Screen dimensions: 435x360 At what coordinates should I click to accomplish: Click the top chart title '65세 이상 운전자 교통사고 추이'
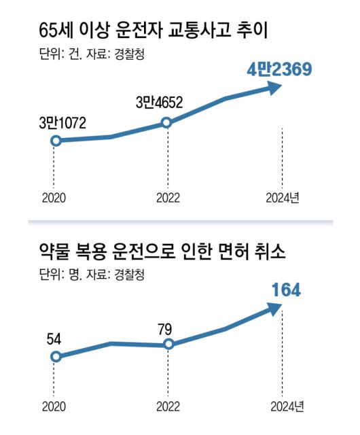tap(160, 32)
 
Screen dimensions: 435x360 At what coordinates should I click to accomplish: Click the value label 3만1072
tap(62, 123)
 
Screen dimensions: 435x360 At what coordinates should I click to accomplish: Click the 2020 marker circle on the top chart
tap(56, 141)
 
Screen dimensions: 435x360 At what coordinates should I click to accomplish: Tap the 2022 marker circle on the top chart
tap(167, 123)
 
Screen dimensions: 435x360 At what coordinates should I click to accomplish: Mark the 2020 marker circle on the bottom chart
tap(56, 356)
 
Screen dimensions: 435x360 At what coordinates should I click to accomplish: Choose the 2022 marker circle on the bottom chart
tap(168, 345)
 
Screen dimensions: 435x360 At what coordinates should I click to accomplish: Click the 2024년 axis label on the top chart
tap(285, 198)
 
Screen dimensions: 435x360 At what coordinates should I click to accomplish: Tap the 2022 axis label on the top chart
tap(167, 198)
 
